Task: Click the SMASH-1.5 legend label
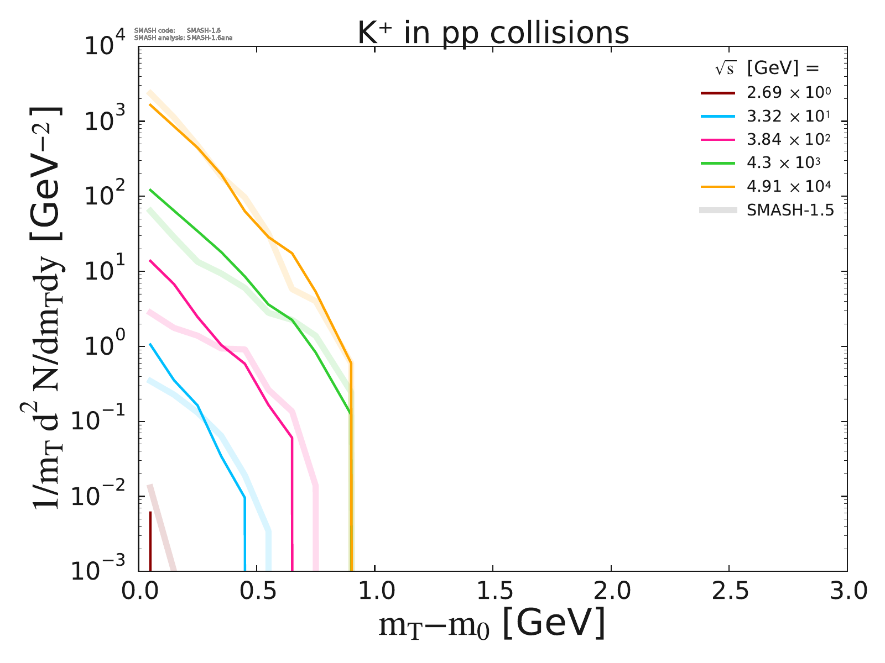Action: click(x=790, y=211)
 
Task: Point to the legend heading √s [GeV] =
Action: click(x=766, y=69)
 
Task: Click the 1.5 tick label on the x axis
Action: click(x=492, y=592)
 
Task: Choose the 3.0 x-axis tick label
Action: click(x=846, y=592)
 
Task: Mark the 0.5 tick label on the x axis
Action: click(x=256, y=592)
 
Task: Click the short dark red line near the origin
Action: click(x=150, y=541)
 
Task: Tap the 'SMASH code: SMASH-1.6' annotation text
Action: click(x=177, y=30)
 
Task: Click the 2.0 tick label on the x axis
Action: click(x=611, y=592)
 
